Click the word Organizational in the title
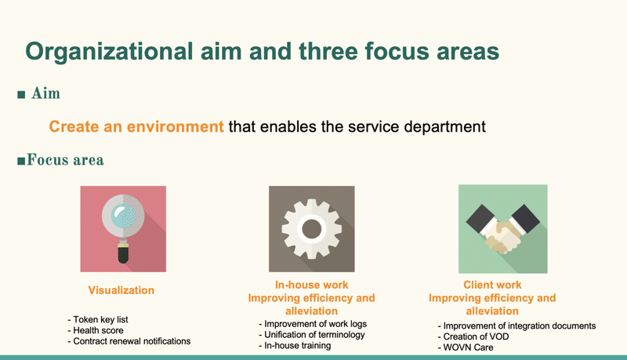coord(109,53)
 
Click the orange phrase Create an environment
coord(136,126)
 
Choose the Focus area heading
coord(61,160)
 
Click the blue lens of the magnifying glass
coord(123,216)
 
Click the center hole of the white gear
coord(311,229)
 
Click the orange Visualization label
coord(121,290)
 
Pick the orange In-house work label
coord(311,285)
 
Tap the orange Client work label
coord(492,285)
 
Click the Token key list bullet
coord(98,319)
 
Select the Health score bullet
coord(96,330)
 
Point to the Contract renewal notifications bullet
coord(129,341)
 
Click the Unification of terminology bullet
coord(312,335)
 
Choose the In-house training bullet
coord(295,346)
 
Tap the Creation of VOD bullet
coord(473,336)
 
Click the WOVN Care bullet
coord(466,347)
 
